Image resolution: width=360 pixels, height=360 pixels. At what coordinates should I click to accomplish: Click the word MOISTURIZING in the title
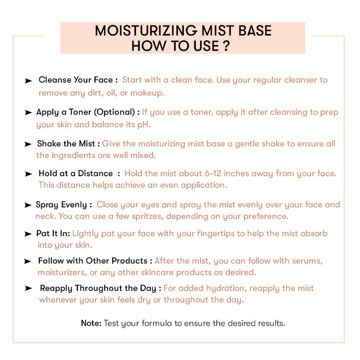pyautogui.click(x=146, y=31)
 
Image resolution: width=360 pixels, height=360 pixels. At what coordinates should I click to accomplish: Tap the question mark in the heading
pyautogui.click(x=226, y=46)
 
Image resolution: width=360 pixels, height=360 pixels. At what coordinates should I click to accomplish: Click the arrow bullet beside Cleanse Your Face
pyautogui.click(x=28, y=81)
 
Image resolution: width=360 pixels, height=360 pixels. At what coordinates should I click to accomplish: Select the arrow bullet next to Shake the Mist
pyautogui.click(x=28, y=144)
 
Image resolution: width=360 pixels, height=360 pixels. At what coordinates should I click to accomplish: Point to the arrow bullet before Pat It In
pyautogui.click(x=28, y=234)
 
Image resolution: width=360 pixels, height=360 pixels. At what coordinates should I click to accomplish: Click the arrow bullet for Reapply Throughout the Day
pyautogui.click(x=28, y=288)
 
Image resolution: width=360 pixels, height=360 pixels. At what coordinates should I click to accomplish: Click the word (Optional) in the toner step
pyautogui.click(x=114, y=112)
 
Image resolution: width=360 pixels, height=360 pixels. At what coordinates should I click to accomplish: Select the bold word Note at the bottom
pyautogui.click(x=91, y=323)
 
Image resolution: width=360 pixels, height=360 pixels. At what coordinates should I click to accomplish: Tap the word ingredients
pyautogui.click(x=73, y=156)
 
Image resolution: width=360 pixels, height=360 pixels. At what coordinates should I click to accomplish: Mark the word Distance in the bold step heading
pyautogui.click(x=96, y=173)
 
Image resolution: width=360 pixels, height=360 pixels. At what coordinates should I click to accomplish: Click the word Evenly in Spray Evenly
pyautogui.click(x=74, y=205)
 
